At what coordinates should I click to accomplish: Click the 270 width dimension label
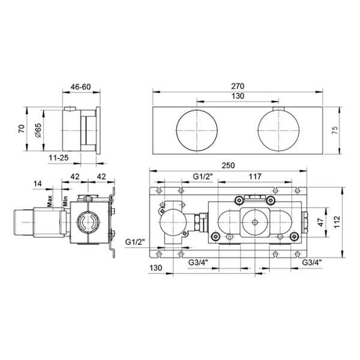238,86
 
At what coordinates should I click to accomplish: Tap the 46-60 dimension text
81,87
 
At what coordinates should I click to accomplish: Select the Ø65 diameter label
38,130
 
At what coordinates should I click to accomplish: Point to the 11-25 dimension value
59,158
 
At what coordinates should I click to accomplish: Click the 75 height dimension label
335,130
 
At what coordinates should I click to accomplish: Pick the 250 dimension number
228,166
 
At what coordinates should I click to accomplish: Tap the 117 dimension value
255,176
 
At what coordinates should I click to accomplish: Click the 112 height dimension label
337,222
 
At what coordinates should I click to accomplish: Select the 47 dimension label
320,222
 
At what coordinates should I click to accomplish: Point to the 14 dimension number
38,184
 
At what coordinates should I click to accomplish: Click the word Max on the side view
50,200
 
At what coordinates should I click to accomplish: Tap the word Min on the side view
65,201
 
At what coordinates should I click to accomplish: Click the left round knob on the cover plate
197,130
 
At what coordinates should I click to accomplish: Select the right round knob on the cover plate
278,130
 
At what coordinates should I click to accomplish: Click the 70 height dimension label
22,129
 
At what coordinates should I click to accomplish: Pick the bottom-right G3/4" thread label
312,262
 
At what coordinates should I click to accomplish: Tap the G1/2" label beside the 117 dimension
203,176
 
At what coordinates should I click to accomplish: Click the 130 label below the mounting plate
155,268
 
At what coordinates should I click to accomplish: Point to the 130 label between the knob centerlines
238,96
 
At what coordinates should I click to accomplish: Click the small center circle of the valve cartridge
255,222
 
